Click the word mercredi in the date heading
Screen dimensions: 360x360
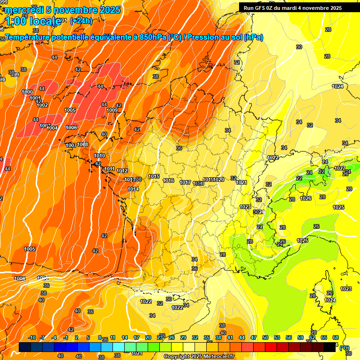[24, 10]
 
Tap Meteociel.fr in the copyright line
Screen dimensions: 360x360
[219, 356]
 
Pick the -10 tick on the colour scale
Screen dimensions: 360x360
[32, 337]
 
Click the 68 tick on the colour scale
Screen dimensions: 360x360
[336, 337]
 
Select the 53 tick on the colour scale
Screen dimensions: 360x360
[277, 337]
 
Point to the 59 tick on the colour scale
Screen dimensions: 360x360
[300, 337]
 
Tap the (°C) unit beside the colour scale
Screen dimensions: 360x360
[345, 348]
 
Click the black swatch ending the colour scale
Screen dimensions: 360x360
[330, 347]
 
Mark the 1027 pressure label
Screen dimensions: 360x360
[339, 168]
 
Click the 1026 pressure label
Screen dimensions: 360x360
[306, 198]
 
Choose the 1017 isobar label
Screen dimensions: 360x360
[185, 182]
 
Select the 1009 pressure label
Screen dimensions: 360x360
[112, 110]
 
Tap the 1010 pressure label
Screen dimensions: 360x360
[99, 156]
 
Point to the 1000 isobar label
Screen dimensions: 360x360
[28, 92]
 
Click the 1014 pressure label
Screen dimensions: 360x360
[133, 189]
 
